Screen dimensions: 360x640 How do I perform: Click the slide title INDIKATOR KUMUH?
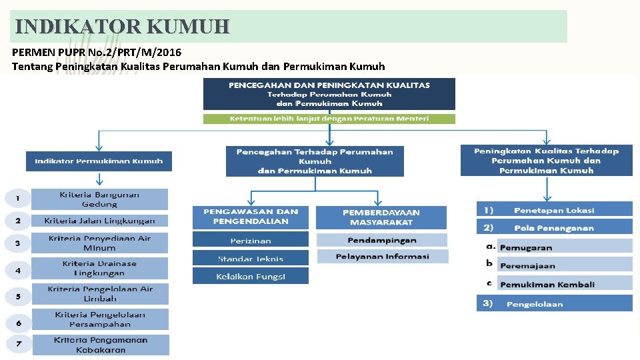click(122, 27)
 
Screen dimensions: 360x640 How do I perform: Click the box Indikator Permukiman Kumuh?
click(99, 161)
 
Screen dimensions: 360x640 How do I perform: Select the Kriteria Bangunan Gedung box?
click(99, 199)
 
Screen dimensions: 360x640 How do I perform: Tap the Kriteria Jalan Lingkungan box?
click(99, 221)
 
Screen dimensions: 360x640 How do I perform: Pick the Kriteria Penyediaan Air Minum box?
click(99, 243)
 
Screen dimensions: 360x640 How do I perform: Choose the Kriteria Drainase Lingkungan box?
click(99, 268)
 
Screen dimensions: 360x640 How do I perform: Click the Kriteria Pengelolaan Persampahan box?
click(100, 319)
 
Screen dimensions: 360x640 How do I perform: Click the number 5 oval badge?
click(18, 297)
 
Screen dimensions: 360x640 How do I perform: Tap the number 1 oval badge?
click(18, 199)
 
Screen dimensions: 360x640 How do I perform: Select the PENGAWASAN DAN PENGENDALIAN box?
click(251, 217)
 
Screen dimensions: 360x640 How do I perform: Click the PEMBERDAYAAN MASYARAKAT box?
click(381, 217)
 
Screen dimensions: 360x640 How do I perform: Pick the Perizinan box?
click(251, 240)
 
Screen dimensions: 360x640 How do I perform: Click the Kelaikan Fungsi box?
click(251, 276)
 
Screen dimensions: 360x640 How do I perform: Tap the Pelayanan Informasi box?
click(382, 256)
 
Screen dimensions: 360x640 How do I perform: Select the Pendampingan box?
click(382, 240)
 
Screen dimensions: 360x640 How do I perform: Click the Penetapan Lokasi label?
click(554, 209)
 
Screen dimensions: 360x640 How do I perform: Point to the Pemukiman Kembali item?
click(547, 284)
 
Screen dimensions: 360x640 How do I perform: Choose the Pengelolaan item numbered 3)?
click(554, 304)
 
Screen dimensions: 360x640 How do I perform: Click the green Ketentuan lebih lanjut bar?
click(329, 119)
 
